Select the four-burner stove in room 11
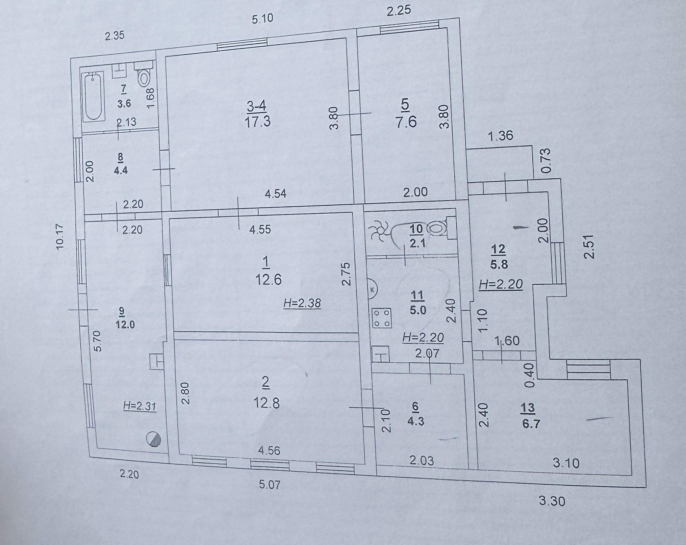[382, 318]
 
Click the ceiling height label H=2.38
[302, 303]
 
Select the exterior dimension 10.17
[60, 237]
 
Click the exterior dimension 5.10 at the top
[263, 19]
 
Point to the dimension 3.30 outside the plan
[552, 501]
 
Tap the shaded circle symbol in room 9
[154, 439]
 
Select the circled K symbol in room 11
[372, 290]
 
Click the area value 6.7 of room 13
[531, 424]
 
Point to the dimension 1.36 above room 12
[500, 136]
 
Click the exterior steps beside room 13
[588, 370]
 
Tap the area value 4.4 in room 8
[120, 170]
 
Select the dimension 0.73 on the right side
[545, 161]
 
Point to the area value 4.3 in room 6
[416, 422]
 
